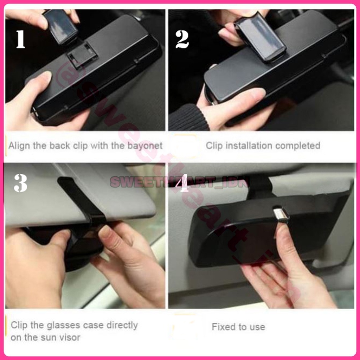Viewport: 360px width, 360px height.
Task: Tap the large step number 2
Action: coord(182,39)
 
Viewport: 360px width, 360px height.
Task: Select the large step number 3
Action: coord(20,183)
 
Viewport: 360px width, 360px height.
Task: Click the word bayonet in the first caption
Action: coord(145,146)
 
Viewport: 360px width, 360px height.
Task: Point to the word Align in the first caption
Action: coord(20,146)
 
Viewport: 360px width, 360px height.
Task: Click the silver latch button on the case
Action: coord(280,214)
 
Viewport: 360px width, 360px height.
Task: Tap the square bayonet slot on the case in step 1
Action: coord(82,55)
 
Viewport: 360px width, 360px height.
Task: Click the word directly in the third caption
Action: coord(122,325)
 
